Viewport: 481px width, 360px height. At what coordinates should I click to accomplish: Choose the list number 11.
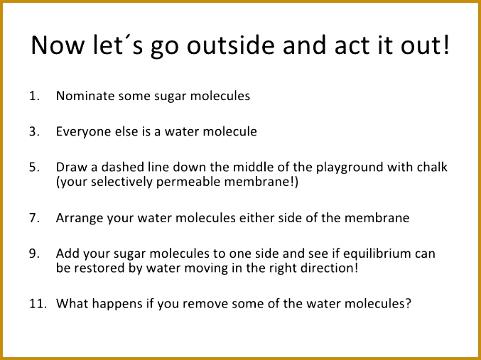(38, 304)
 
